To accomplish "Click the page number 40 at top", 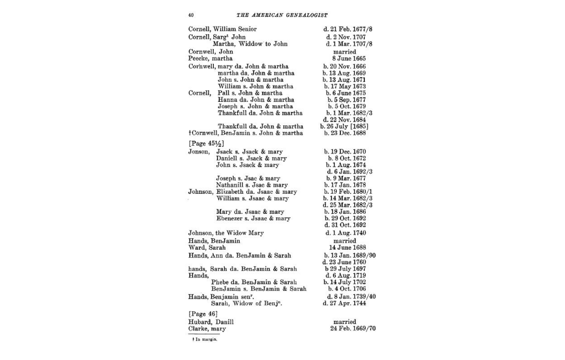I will (190, 14).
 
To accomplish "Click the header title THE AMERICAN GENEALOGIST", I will (281, 14).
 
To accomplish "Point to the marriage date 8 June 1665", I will (344, 58).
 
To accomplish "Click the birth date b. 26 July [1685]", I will (346, 126).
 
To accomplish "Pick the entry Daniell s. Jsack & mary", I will (248, 158).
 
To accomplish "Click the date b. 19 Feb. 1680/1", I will (348, 192).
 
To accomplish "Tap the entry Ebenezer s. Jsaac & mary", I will (253, 219).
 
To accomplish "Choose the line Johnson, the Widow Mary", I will (226, 233).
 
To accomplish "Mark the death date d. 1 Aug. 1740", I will (345, 233).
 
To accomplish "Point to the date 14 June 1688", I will (345, 247).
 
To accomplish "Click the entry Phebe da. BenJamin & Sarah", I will (254, 282).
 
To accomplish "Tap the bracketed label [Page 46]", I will (202, 314).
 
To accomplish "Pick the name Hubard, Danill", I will (211, 322).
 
